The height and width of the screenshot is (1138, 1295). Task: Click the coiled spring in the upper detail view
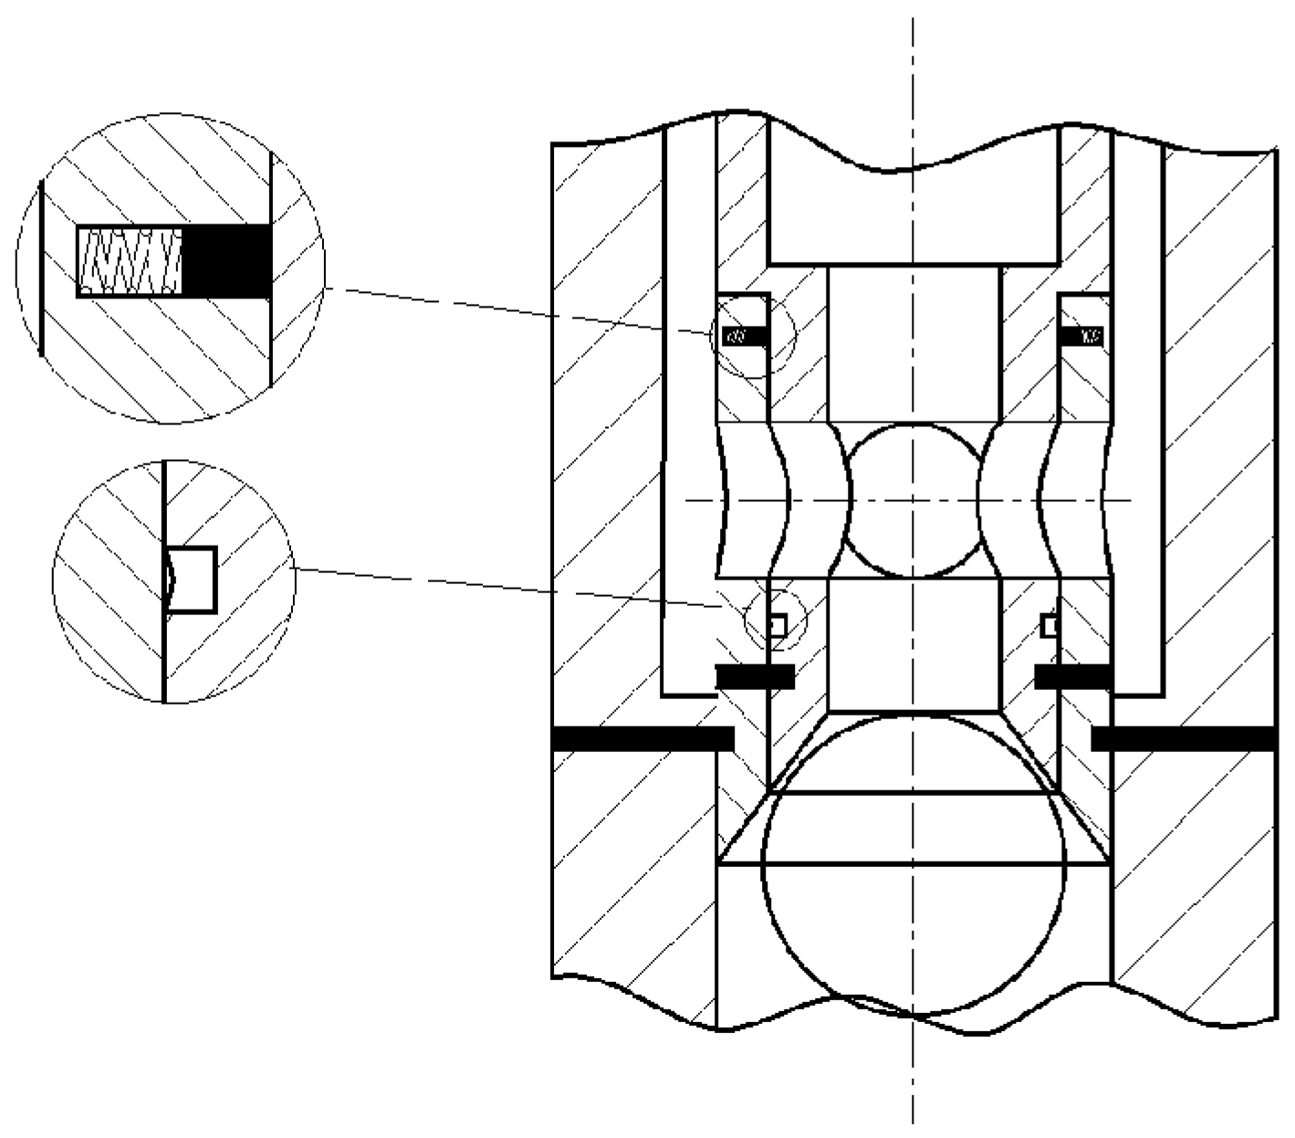pyautogui.click(x=131, y=262)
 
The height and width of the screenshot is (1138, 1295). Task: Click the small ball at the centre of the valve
pyautogui.click(x=913, y=500)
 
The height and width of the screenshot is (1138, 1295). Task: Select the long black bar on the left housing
pyautogui.click(x=643, y=738)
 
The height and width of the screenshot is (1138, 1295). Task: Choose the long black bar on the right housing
pyautogui.click(x=1184, y=738)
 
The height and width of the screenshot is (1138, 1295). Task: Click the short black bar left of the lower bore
pyautogui.click(x=755, y=676)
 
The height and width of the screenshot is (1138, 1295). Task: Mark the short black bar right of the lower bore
pyautogui.click(x=1073, y=676)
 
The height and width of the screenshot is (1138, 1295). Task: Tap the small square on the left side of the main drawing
pyautogui.click(x=777, y=626)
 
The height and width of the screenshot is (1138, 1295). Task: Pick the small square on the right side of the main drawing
pyautogui.click(x=1050, y=626)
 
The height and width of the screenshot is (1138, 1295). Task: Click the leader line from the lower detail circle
pyautogui.click(x=511, y=587)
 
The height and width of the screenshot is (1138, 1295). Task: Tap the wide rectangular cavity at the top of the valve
pyautogui.click(x=913, y=214)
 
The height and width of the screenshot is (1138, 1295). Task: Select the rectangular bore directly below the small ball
pyautogui.click(x=913, y=644)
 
